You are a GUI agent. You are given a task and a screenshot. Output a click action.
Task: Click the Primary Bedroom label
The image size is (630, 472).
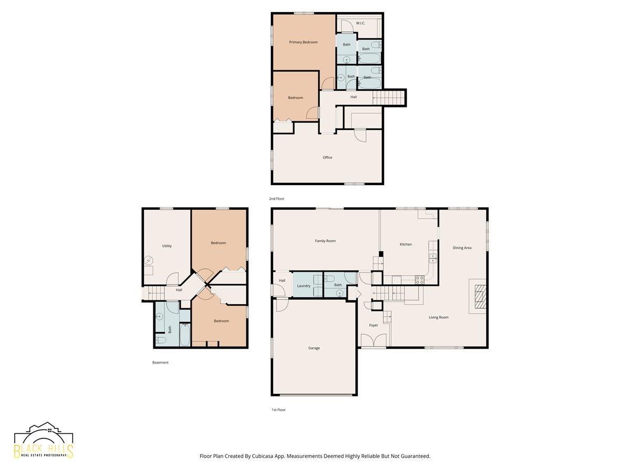click(303, 42)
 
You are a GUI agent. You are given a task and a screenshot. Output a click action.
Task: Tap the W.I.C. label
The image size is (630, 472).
click(361, 23)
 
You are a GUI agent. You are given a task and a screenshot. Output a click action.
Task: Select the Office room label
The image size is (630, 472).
click(327, 157)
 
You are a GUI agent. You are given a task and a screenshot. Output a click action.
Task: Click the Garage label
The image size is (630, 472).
click(314, 348)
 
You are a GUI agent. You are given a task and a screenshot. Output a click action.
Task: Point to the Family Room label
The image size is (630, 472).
click(325, 241)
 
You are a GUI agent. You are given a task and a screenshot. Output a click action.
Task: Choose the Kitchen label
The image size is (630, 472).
click(405, 244)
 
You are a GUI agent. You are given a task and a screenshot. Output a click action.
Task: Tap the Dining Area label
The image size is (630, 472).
click(462, 248)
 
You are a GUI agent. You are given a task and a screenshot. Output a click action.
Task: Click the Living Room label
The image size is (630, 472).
click(438, 317)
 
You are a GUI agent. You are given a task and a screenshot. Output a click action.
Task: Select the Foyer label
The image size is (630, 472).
click(373, 325)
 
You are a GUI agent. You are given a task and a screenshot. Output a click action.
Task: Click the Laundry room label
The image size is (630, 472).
click(303, 286)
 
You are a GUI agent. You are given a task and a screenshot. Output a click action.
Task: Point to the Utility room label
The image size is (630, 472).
click(167, 245)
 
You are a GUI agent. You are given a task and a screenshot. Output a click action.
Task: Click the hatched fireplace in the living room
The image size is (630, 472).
click(480, 296)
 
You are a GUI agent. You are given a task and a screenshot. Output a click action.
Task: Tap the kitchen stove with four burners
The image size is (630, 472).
click(419, 280)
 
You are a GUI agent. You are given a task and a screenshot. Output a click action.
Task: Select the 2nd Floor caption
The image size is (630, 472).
click(276, 198)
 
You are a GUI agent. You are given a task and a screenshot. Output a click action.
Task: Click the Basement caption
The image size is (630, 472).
click(160, 362)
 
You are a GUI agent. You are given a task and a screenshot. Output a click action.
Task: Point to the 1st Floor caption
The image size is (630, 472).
click(278, 410)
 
